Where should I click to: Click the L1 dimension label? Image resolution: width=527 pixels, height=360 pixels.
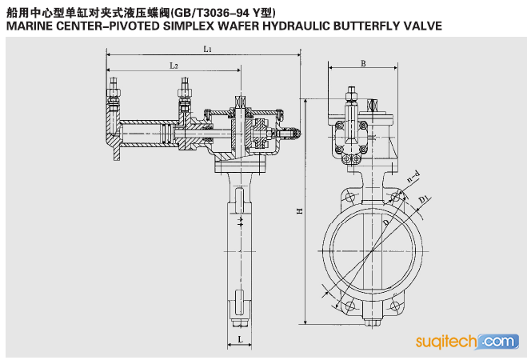pyautogui.click(x=207, y=50)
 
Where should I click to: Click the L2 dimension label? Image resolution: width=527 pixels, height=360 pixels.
pyautogui.click(x=174, y=66)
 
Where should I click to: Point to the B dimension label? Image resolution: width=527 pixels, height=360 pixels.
pyautogui.click(x=363, y=63)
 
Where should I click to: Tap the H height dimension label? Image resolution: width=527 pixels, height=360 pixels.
pyautogui.click(x=299, y=211)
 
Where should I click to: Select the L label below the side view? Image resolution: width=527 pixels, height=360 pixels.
pyautogui.click(x=240, y=339)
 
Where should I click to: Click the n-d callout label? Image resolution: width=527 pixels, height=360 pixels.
pyautogui.click(x=413, y=176)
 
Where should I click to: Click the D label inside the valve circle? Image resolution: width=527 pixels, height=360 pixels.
pyautogui.click(x=385, y=222)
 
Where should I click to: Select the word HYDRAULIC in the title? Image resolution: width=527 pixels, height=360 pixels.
pyautogui.click(x=297, y=26)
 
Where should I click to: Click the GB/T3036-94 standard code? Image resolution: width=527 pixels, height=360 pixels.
pyautogui.click(x=211, y=13)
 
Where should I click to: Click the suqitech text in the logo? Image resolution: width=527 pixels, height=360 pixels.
pyautogui.click(x=446, y=342)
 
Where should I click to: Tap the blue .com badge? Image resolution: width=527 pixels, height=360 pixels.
pyautogui.click(x=498, y=342)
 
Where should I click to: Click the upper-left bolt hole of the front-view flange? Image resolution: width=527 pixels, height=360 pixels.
pyautogui.click(x=350, y=198)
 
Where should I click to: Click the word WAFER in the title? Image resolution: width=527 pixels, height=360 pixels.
pyautogui.click(x=238, y=26)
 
